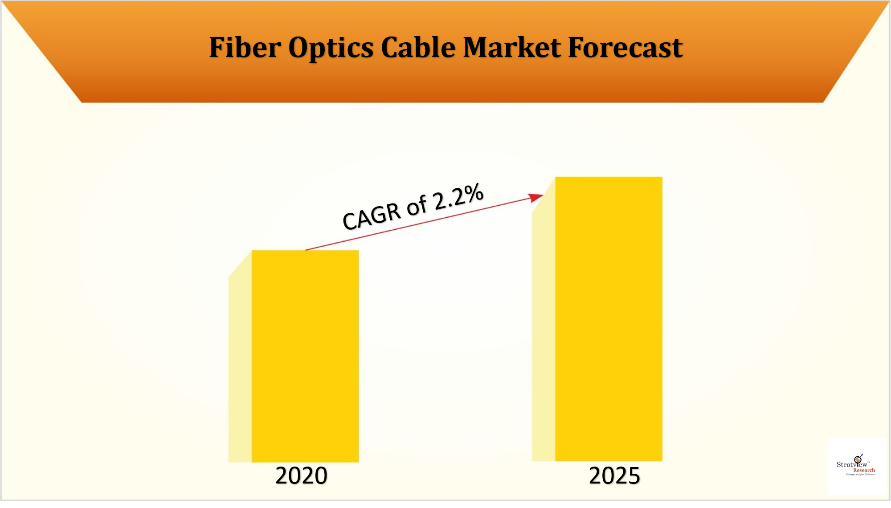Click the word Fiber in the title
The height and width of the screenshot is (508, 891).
[245, 47]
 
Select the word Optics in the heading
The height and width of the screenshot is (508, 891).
[331, 48]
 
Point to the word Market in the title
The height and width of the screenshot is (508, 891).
[512, 47]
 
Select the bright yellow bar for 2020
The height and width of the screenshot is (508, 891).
[305, 356]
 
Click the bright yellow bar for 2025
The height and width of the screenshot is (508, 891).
[609, 318]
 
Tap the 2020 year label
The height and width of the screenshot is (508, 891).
[301, 475]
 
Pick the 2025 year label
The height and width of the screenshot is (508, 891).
[614, 475]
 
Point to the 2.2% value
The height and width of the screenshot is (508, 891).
[458, 196]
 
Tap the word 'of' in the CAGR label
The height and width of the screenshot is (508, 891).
[417, 207]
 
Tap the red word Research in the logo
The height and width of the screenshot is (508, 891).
[864, 470]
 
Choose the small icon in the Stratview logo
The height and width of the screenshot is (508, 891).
[858, 459]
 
